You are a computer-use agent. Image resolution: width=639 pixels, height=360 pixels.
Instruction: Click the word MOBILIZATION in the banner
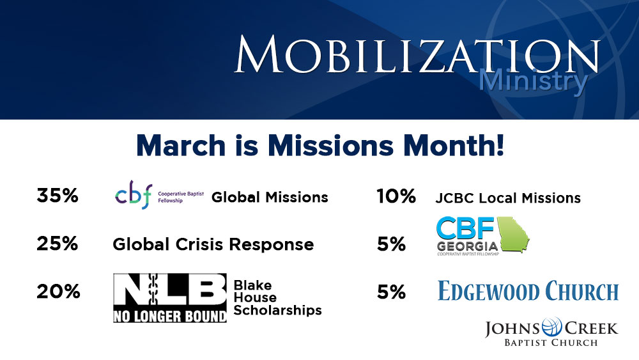tap(417, 55)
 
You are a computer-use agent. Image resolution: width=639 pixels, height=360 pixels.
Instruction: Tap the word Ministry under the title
tap(533, 81)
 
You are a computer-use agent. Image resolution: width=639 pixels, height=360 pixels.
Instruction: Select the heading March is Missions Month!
tap(320, 146)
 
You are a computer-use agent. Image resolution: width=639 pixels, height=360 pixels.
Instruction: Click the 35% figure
tap(58, 196)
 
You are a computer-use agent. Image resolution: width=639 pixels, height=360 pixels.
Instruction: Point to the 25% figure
tap(58, 244)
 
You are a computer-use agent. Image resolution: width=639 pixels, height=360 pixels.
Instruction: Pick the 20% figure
tap(58, 292)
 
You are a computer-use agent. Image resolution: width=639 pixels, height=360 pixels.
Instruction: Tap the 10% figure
tap(396, 196)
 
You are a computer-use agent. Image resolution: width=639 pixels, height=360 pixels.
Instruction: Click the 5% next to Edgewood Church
tap(391, 292)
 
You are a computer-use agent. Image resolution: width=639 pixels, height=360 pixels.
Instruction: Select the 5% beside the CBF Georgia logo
tap(391, 244)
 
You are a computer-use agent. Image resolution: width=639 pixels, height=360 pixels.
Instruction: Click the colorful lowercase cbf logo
tap(134, 195)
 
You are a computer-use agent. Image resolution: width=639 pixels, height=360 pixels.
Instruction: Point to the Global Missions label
tap(270, 198)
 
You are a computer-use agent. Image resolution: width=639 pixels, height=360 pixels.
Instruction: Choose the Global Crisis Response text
tap(213, 244)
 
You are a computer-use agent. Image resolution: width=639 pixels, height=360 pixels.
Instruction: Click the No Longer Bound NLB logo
tap(170, 298)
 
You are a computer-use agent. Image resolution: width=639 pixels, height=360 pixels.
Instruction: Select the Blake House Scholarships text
tap(277, 297)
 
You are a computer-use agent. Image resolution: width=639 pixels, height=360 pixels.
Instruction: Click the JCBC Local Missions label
tap(508, 198)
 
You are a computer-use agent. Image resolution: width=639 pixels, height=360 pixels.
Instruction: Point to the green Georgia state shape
tap(513, 234)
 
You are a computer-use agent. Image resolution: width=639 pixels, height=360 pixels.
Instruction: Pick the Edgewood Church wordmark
tap(528, 291)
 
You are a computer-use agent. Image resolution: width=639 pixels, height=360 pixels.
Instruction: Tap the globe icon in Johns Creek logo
tap(552, 327)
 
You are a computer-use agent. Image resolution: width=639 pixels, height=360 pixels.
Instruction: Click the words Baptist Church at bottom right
tap(551, 343)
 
